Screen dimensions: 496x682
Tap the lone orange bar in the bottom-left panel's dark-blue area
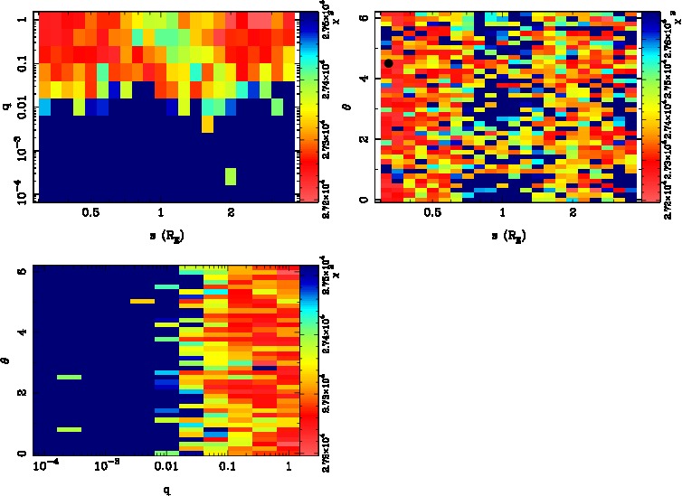[x=142, y=301]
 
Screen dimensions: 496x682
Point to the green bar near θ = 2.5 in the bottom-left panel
[x=69, y=377]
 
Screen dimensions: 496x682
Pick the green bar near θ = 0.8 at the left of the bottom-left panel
[x=69, y=430]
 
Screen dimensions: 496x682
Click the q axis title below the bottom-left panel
[x=166, y=491]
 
